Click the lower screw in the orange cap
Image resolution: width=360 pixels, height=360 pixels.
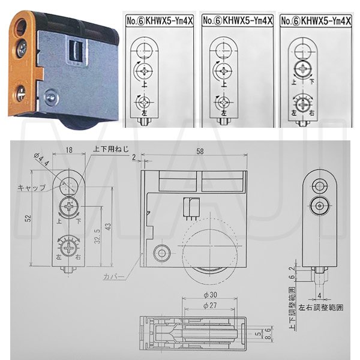[20, 93]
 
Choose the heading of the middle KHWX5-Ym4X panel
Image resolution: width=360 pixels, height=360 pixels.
[238, 20]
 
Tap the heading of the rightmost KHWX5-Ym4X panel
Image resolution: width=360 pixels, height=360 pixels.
[317, 20]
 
